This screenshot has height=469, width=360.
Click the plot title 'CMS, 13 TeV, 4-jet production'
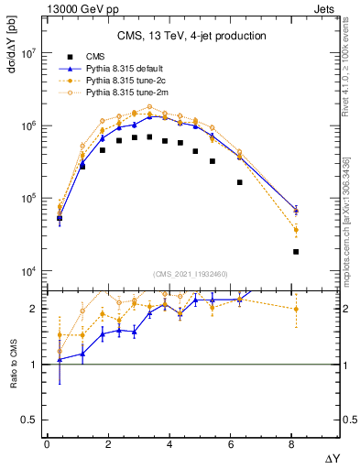click(x=191, y=36)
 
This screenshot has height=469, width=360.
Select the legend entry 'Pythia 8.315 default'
click(x=126, y=69)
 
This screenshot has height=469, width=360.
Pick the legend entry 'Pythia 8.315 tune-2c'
click(x=126, y=81)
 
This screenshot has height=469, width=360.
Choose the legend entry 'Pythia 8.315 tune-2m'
click(x=126, y=93)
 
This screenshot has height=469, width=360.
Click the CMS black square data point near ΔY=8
click(x=295, y=252)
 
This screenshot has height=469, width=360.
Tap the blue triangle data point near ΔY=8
click(x=295, y=210)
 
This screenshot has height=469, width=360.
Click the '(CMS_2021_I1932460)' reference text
click(x=191, y=274)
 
